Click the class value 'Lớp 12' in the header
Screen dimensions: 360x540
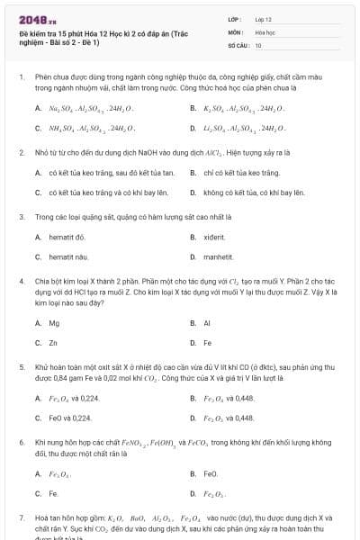(x=264, y=19)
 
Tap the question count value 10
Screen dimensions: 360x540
(x=258, y=45)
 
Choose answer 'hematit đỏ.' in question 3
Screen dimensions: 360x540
(x=67, y=238)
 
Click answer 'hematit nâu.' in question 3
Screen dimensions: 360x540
(x=68, y=258)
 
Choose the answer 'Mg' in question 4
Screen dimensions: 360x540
(x=54, y=322)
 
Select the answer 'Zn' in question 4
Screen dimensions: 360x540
(x=53, y=343)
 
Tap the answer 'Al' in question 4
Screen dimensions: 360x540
(x=207, y=322)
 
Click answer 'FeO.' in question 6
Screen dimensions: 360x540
(x=211, y=472)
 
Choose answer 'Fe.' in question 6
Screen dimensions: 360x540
(x=54, y=493)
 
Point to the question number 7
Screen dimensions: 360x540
(x=21, y=519)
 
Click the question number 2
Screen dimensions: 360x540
(x=21, y=153)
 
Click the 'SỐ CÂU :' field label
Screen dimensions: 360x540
(x=238, y=45)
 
